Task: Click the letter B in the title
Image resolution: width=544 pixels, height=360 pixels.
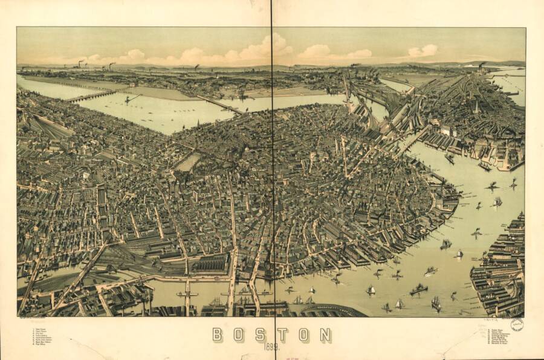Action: (218, 335)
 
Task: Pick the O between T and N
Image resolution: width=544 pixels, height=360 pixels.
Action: (304, 335)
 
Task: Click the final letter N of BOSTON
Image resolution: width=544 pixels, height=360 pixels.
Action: (325, 335)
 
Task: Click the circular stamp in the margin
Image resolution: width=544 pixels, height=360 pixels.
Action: (517, 325)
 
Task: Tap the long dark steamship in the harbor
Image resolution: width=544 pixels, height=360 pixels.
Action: (418, 291)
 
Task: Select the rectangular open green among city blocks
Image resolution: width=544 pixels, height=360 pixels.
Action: (189, 161)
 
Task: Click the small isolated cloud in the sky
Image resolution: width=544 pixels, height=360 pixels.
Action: (422, 51)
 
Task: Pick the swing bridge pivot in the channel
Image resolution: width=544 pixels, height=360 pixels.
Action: (187, 294)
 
